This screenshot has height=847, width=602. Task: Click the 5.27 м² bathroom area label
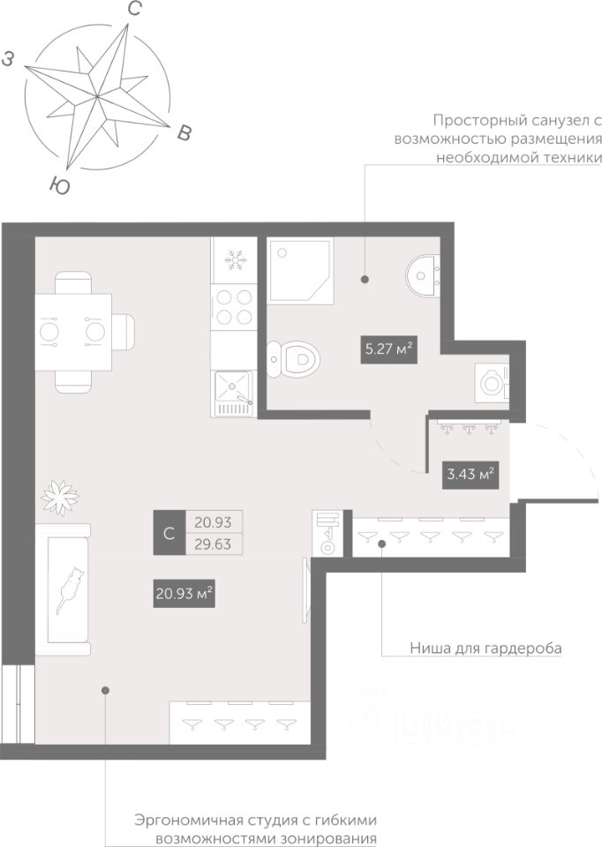coord(389,349)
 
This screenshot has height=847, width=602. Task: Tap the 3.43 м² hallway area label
coord(470,475)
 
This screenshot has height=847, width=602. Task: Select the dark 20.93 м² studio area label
coord(184,594)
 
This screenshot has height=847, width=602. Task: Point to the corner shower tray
coord(300,270)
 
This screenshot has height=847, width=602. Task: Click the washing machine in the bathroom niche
coord(492,383)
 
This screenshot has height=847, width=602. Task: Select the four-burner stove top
coord(233,306)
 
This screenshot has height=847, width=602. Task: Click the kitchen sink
coord(233,393)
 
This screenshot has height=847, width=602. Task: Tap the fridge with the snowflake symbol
coord(233,260)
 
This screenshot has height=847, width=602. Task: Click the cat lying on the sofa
coord(69,590)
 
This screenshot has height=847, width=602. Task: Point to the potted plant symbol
coord(60,497)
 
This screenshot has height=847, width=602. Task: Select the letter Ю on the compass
coord(59,186)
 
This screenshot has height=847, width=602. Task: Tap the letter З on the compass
coord(8,59)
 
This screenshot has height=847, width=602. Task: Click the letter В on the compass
coord(184,132)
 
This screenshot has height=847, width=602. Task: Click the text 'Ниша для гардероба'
coord(485,647)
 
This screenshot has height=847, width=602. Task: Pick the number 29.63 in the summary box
coord(213,544)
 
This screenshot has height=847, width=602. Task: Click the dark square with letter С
coord(169,533)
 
